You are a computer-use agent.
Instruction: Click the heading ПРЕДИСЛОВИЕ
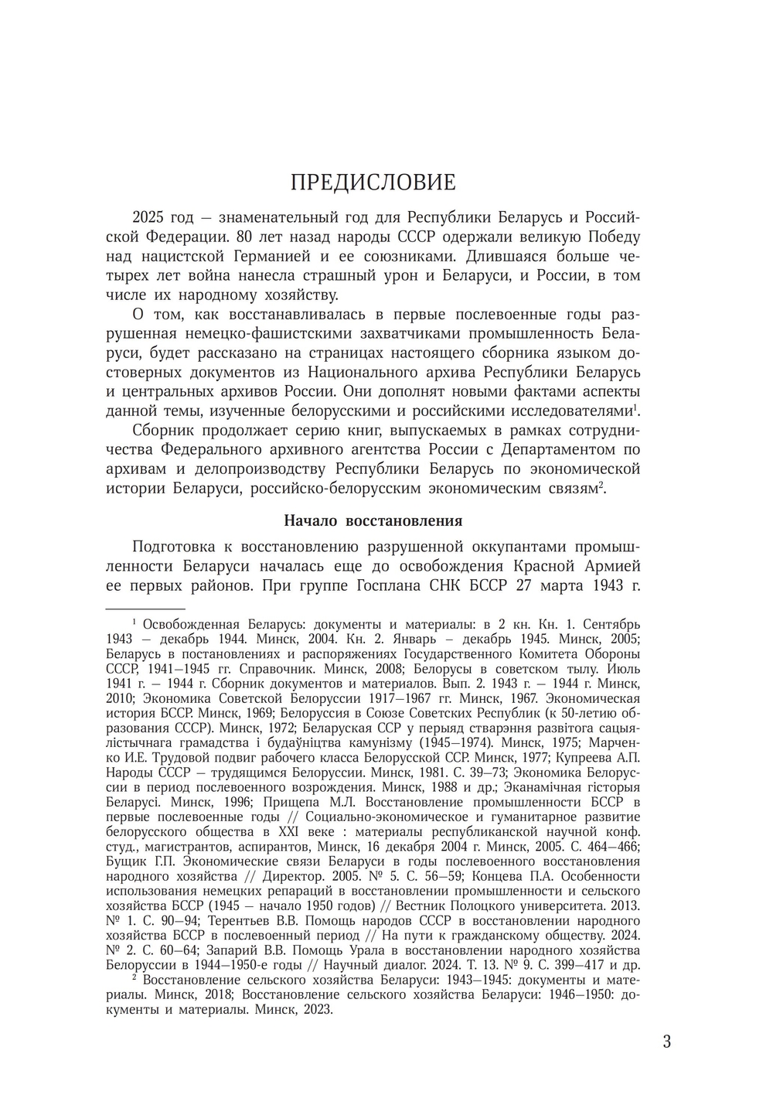tap(373, 182)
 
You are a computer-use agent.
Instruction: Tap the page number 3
tap(667, 1041)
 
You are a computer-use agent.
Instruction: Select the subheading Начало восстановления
tap(373, 520)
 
